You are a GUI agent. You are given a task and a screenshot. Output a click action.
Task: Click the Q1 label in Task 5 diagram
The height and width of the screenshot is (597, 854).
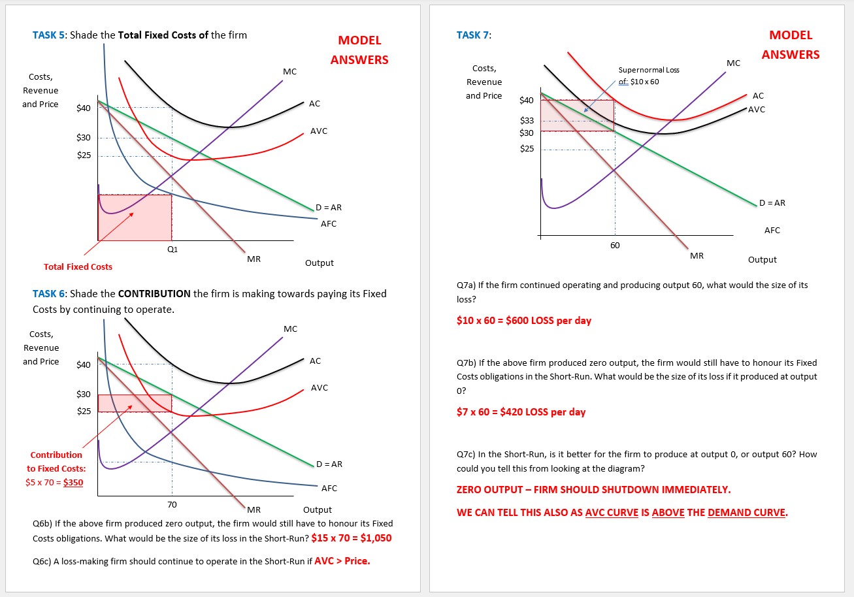(x=172, y=249)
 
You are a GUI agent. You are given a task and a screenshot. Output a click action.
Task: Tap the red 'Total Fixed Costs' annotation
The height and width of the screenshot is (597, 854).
(x=78, y=266)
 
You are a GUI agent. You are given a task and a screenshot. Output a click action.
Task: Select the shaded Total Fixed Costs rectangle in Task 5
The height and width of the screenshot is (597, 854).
(x=135, y=218)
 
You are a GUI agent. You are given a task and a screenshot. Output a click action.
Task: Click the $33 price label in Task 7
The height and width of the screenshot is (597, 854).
(x=527, y=121)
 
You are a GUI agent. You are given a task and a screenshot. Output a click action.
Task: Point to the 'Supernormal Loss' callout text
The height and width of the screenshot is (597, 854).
(x=640, y=70)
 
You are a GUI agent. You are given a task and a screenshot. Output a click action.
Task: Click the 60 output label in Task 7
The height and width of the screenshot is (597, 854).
(x=615, y=246)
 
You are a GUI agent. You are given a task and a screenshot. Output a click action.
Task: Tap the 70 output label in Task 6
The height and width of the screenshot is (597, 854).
(x=172, y=504)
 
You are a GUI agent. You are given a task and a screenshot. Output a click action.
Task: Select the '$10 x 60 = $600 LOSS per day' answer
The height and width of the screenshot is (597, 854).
(x=524, y=321)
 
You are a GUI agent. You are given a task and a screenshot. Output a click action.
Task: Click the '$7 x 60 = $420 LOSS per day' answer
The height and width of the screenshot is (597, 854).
(x=521, y=412)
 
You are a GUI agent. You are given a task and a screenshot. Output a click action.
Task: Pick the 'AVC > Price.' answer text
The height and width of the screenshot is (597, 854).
(x=342, y=560)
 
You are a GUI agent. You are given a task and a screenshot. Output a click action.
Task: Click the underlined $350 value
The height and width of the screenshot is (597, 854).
(x=73, y=483)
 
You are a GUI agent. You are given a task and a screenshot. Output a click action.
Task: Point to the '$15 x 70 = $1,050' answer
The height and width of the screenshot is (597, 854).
(x=351, y=538)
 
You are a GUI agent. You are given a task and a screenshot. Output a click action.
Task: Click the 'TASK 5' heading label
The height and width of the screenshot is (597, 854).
(x=49, y=35)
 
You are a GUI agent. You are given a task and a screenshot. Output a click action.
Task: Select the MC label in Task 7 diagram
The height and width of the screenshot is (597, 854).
(x=733, y=63)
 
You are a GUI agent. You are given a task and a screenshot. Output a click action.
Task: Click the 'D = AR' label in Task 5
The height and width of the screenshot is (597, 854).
(x=329, y=208)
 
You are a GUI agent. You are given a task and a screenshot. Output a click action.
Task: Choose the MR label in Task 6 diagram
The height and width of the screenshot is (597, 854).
(x=254, y=509)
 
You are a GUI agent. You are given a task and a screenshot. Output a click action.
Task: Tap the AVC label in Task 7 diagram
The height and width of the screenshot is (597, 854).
(x=757, y=109)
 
